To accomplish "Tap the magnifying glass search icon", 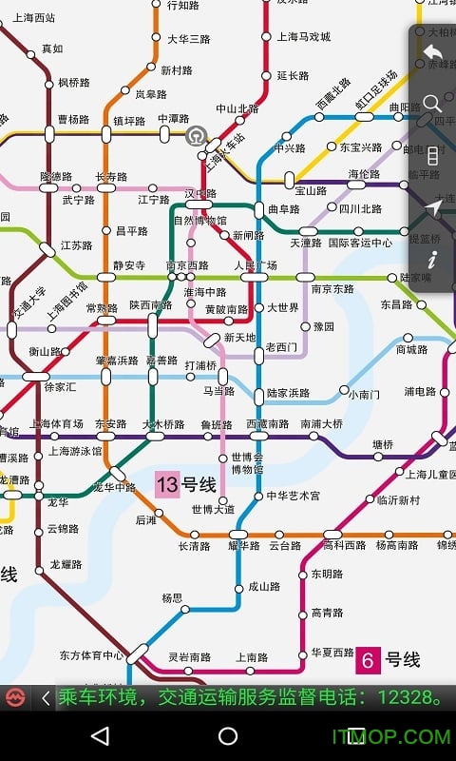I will pyautogui.click(x=433, y=104).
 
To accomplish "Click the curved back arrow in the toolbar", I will pyautogui.click(x=433, y=52).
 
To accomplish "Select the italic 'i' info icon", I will pyautogui.click(x=433, y=259).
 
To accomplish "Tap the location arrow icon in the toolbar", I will pyautogui.click(x=433, y=207).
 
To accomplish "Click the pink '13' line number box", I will pyautogui.click(x=167, y=485).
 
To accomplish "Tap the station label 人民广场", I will pyautogui.click(x=256, y=265).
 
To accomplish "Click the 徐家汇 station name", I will pyautogui.click(x=60, y=387).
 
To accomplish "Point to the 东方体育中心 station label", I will pyautogui.click(x=91, y=655).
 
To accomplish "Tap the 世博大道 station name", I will pyautogui.click(x=213, y=509).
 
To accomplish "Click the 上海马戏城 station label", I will pyautogui.click(x=304, y=37).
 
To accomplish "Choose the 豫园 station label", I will pyautogui.click(x=324, y=326).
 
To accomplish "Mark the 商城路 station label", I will pyautogui.click(x=411, y=349).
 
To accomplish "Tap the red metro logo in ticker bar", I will pyautogui.click(x=15, y=698).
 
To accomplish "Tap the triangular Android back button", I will pyautogui.click(x=99, y=736).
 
